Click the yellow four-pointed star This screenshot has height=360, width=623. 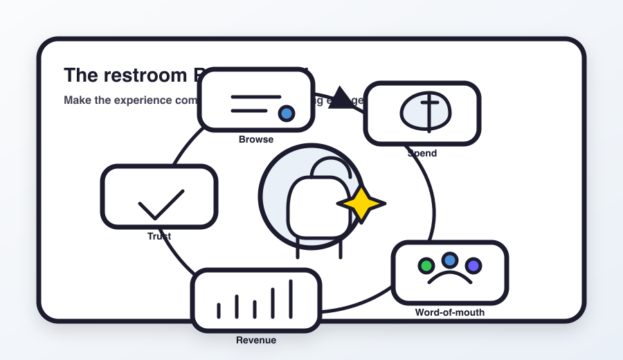point(361,204)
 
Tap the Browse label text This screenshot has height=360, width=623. point(256,139)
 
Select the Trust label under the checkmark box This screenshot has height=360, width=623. point(159,236)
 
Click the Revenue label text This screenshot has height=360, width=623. point(256,340)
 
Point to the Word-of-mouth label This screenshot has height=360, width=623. point(450,312)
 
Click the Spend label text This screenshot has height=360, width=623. point(422,153)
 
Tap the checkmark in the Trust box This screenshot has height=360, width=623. point(161,205)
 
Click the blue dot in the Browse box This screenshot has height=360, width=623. point(286,114)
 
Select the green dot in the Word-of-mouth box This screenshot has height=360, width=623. point(426,266)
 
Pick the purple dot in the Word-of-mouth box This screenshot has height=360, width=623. point(473,266)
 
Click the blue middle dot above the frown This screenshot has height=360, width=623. point(450,260)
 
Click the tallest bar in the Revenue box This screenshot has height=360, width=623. point(291,299)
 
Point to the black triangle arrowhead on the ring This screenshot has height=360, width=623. point(340,99)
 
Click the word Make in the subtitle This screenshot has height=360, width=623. point(76,100)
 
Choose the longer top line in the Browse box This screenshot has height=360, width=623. point(256,97)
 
